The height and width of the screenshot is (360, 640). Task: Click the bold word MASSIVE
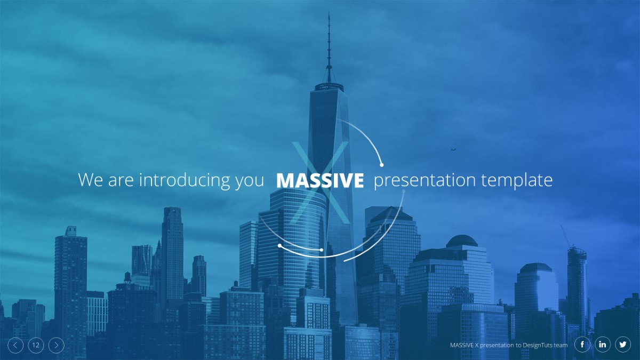[320, 180]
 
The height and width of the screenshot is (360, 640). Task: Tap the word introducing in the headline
[185, 180]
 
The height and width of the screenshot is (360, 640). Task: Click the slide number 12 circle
[36, 345]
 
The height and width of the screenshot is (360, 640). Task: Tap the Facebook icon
[582, 345]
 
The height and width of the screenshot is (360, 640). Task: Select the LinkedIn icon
[603, 345]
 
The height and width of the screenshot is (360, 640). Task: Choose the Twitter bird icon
[623, 345]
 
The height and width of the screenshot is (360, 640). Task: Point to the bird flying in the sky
[453, 149]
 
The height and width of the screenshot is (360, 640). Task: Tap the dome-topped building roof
[462, 241]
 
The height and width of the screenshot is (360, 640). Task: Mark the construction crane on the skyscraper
[566, 236]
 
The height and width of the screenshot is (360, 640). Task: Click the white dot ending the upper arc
[381, 165]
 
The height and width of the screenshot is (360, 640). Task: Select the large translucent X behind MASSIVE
[321, 182]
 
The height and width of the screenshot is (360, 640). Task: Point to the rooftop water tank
[127, 277]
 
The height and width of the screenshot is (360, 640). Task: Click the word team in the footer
[561, 346]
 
